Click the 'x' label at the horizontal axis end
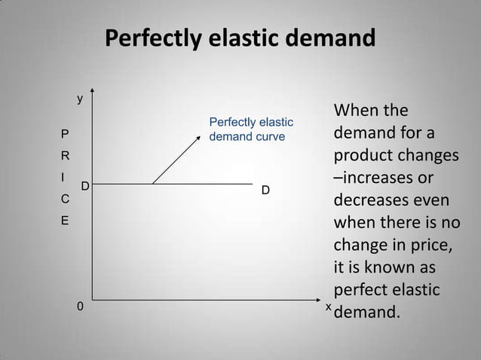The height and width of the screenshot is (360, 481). [x=328, y=307]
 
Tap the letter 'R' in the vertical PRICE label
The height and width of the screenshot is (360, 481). [x=65, y=157]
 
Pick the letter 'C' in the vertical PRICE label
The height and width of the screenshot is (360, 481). [x=65, y=200]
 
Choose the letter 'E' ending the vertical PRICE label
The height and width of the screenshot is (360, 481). [x=65, y=222]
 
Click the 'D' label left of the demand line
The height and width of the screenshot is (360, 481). [x=85, y=185]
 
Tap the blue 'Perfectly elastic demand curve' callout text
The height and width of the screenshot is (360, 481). [x=250, y=129]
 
